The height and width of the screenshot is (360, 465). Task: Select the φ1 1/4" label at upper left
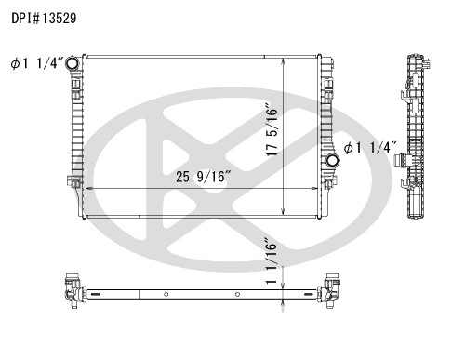click(37, 63)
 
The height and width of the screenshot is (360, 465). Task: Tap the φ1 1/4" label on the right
click(371, 147)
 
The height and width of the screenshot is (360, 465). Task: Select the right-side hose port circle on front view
click(330, 164)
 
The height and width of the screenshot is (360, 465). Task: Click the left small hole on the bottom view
click(165, 295)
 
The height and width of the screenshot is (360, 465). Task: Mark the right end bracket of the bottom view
click(330, 290)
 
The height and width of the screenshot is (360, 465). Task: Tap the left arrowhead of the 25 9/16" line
click(88, 189)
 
